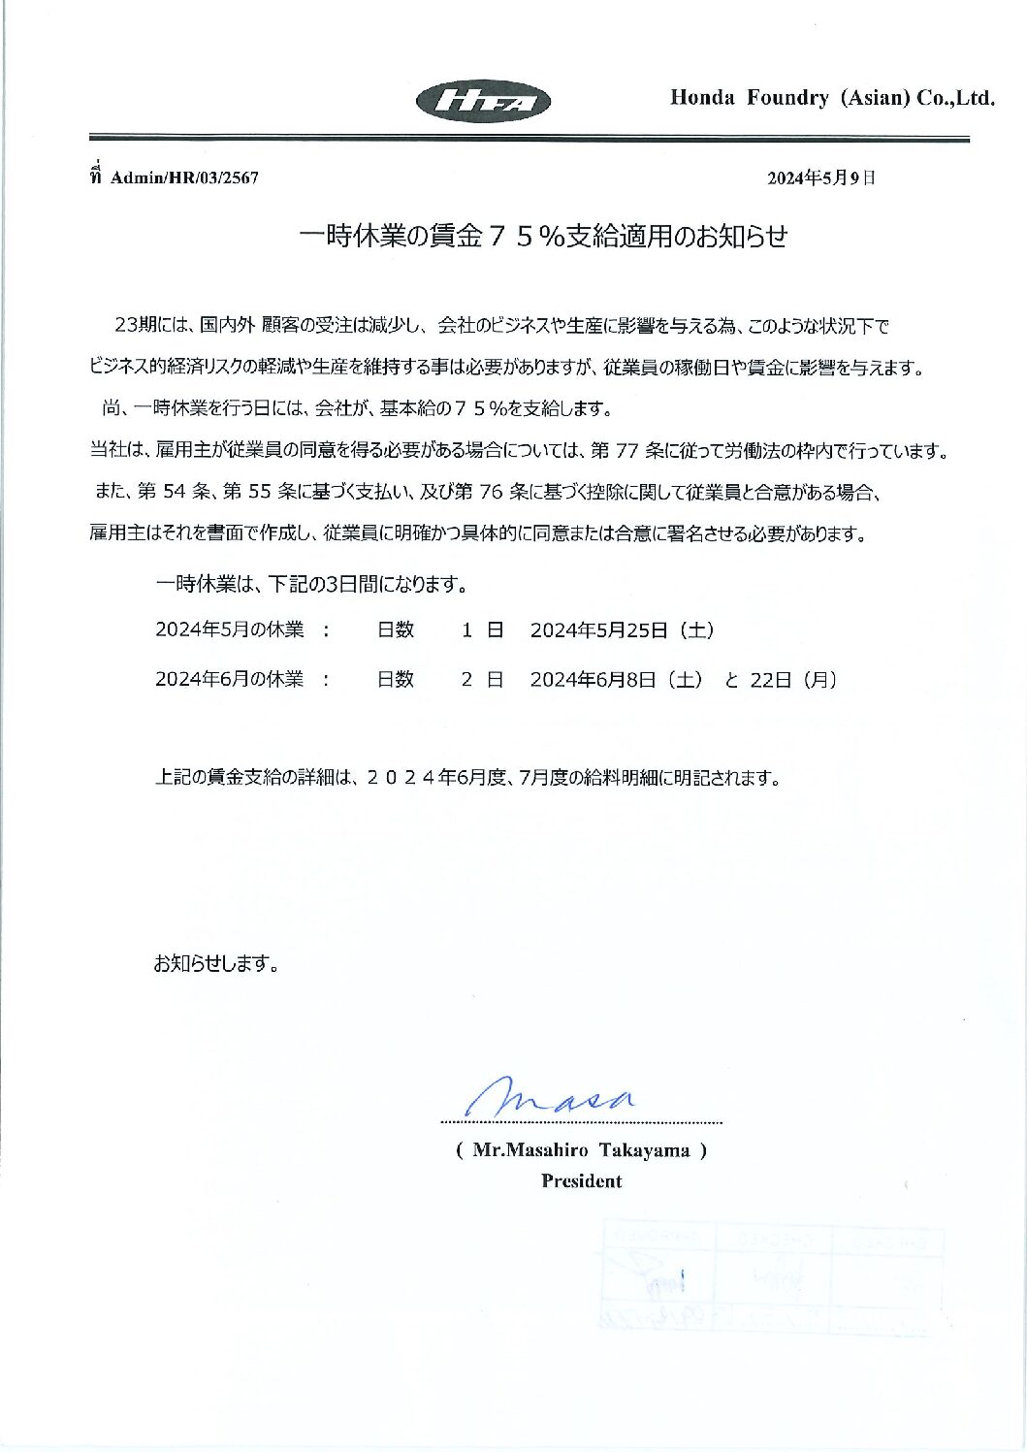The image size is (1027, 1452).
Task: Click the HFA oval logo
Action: click(482, 101)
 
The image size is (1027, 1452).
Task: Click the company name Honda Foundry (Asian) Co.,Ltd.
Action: click(832, 98)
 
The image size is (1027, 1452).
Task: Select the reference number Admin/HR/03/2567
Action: click(184, 177)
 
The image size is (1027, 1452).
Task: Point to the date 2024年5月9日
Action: click(820, 177)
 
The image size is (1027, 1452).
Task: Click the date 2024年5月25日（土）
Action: click(623, 630)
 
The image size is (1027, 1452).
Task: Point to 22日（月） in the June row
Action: click(793, 680)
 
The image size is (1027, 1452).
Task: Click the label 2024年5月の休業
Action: click(229, 630)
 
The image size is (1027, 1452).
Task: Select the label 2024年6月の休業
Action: click(229, 680)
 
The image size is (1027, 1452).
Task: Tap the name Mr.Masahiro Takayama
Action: click(581, 1151)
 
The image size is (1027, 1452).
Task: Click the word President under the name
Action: click(581, 1181)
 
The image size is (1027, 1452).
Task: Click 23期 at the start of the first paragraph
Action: click(133, 325)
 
